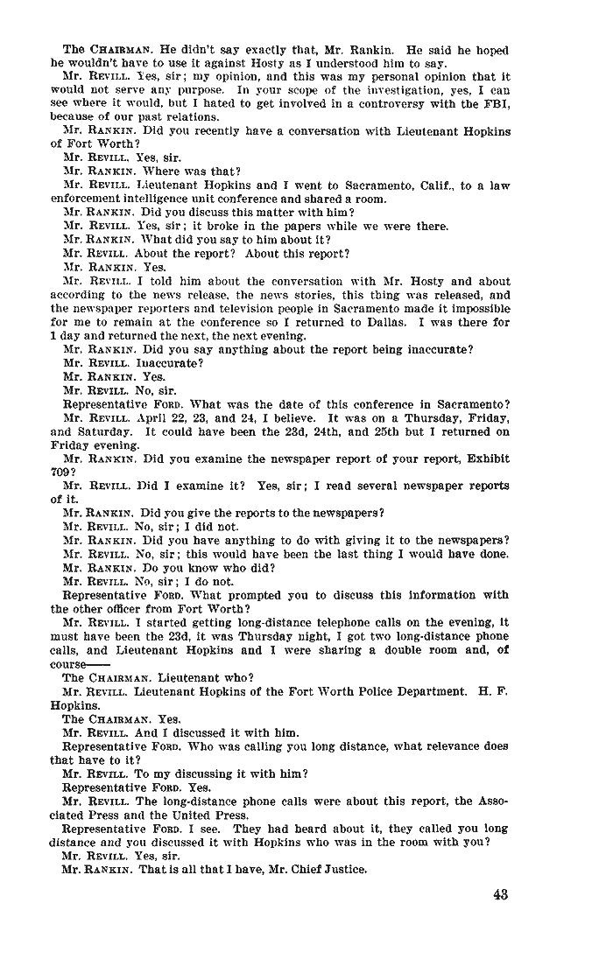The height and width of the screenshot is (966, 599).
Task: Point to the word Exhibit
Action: pyautogui.click(x=487, y=459)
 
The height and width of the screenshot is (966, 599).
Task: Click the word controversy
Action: pyautogui.click(x=389, y=103)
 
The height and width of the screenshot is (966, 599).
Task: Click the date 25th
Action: pyautogui.click(x=359, y=432)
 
